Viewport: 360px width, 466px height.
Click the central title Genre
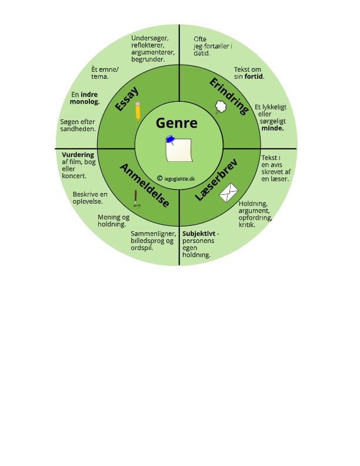176,124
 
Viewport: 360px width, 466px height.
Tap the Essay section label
127,98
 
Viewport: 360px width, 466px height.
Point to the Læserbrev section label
215,181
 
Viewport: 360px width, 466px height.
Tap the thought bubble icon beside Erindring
221,107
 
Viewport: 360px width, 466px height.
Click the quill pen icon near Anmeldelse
136,199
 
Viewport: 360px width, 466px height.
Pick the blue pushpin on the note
171,140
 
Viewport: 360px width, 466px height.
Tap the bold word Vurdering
78,155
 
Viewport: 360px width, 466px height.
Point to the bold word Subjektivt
198,234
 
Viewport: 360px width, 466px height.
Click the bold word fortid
254,76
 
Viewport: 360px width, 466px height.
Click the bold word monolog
85,101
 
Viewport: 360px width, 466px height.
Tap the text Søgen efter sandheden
78,125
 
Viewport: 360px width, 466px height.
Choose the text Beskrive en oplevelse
90,198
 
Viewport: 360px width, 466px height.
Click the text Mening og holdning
113,221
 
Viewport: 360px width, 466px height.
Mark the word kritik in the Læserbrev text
247,225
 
